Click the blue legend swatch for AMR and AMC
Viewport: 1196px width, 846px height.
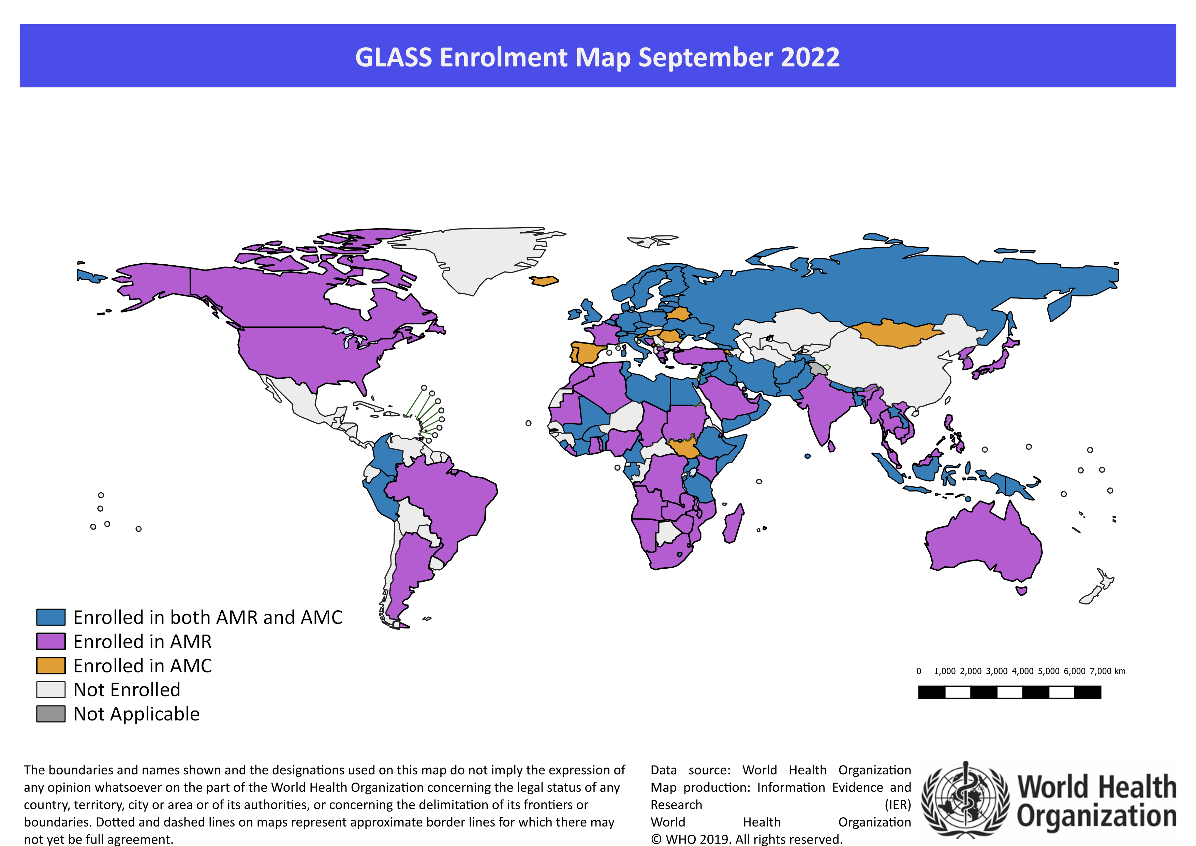(50, 617)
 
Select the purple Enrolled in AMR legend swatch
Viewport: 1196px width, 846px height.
(50, 641)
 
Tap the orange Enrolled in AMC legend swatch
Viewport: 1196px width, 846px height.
(50, 665)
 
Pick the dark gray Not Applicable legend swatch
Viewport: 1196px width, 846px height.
(50, 714)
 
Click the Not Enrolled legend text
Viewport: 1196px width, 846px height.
(127, 690)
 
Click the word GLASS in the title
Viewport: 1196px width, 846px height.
(393, 57)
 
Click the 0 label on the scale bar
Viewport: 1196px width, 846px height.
(919, 671)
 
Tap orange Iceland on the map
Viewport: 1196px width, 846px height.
(544, 281)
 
